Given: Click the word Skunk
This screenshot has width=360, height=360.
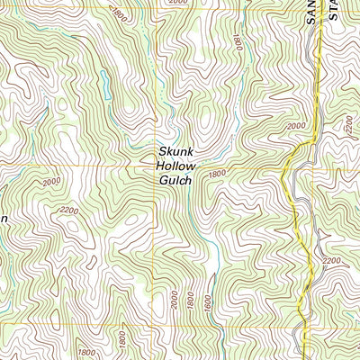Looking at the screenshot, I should pyautogui.click(x=176, y=152).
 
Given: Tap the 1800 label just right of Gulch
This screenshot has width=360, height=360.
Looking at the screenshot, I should pyautogui.click(x=216, y=173).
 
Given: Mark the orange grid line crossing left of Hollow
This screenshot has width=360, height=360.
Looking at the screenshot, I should pyautogui.click(x=154, y=166).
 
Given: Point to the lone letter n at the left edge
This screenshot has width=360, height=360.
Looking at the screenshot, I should pyautogui.click(x=4, y=219).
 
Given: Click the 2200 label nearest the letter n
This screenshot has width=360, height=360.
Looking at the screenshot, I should pyautogui.click(x=67, y=213).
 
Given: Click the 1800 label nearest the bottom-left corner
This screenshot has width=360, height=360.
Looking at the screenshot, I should pyautogui.click(x=86, y=352).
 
